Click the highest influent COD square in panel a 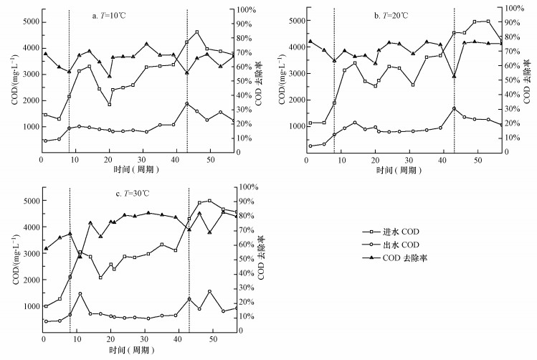coord(196,32)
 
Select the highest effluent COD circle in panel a coord(186,104)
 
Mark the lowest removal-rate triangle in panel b coord(454,76)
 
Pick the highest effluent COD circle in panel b coord(454,108)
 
